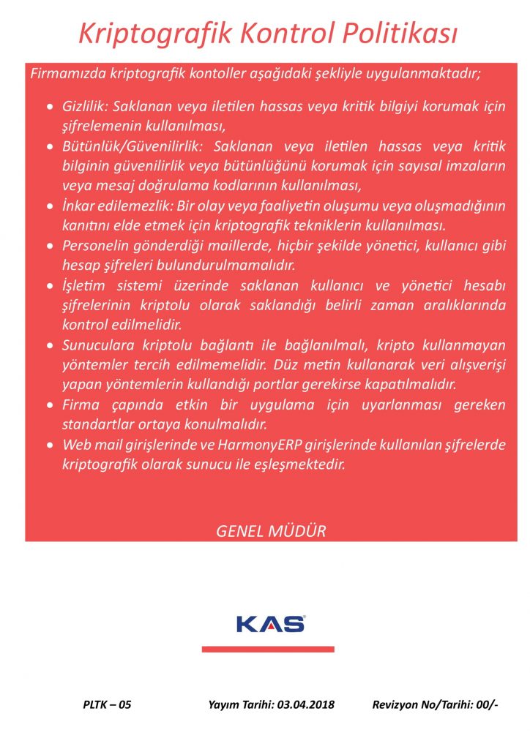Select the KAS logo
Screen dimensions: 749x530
coord(270,624)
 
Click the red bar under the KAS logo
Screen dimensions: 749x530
coord(268,649)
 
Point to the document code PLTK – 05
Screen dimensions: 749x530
coord(107,705)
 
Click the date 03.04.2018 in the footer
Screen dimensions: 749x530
coord(306,705)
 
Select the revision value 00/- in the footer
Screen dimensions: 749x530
coord(487,705)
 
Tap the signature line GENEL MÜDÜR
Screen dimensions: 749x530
coord(271,531)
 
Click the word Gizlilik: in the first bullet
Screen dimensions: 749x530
coord(86,107)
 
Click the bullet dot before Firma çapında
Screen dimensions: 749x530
coord(49,404)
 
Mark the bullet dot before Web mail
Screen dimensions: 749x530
coord(49,444)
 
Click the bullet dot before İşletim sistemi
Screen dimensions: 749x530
coord(49,285)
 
